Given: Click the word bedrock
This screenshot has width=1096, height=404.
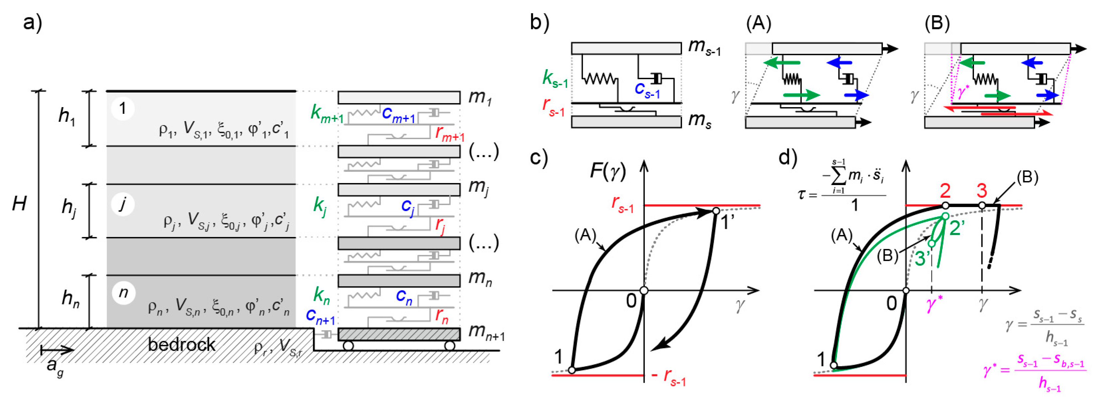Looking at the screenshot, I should (x=182, y=344).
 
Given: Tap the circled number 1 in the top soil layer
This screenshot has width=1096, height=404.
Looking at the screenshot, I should (x=123, y=108).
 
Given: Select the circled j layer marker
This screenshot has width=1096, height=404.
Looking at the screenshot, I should (x=123, y=204).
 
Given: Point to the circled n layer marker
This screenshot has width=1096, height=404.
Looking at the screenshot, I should (x=123, y=293).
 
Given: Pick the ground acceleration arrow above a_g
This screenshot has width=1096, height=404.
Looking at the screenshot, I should (x=57, y=350).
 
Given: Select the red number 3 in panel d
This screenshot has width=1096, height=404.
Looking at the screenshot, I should (x=982, y=191).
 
